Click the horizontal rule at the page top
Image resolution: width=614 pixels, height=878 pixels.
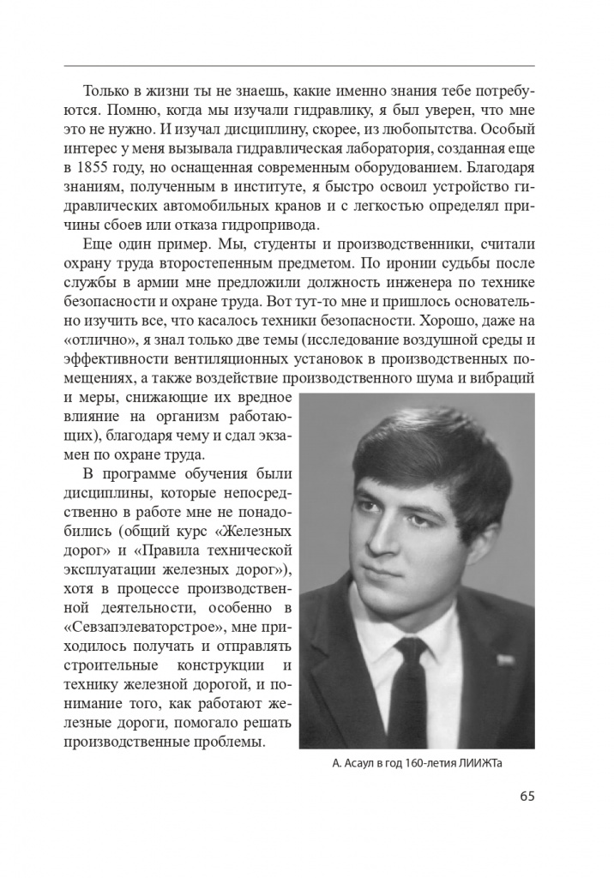[299, 66]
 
